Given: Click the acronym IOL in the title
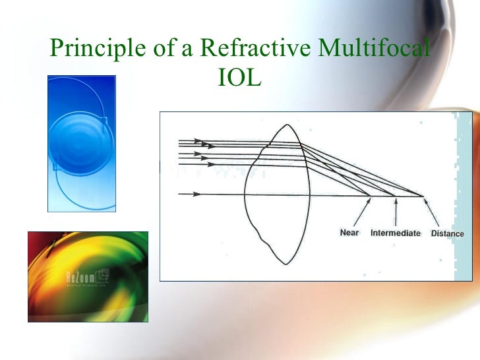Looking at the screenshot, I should tap(239, 79).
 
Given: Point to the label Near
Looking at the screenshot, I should tap(349, 233).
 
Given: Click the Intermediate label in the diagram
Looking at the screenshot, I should tap(395, 233).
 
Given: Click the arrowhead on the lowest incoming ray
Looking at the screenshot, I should tap(196, 195).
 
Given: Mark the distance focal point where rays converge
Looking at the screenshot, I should tap(422, 195).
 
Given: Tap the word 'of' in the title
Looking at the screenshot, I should tap(151, 48).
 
